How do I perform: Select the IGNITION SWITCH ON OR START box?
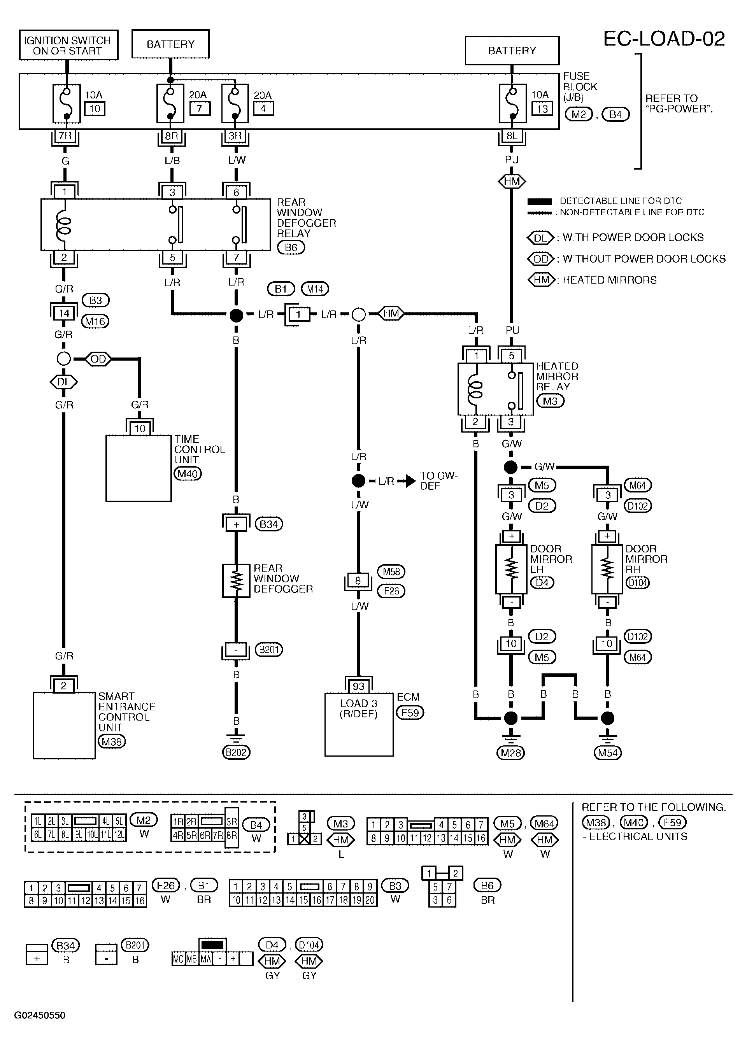click(68, 45)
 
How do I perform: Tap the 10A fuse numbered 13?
click(512, 103)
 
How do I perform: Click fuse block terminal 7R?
click(65, 136)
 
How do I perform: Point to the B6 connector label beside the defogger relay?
click(291, 247)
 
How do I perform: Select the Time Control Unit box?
click(139, 468)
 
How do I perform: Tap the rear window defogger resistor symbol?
click(236, 581)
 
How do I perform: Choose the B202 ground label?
click(236, 753)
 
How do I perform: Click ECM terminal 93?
click(358, 687)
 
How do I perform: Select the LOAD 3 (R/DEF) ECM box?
click(359, 725)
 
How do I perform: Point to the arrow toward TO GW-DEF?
click(406, 481)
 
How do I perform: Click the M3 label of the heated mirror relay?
click(550, 401)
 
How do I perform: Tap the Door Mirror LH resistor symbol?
click(511, 569)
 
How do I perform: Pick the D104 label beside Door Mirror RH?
click(638, 583)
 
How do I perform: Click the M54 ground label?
click(608, 753)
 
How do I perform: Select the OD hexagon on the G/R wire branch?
click(98, 359)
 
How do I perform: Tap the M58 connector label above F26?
click(391, 571)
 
